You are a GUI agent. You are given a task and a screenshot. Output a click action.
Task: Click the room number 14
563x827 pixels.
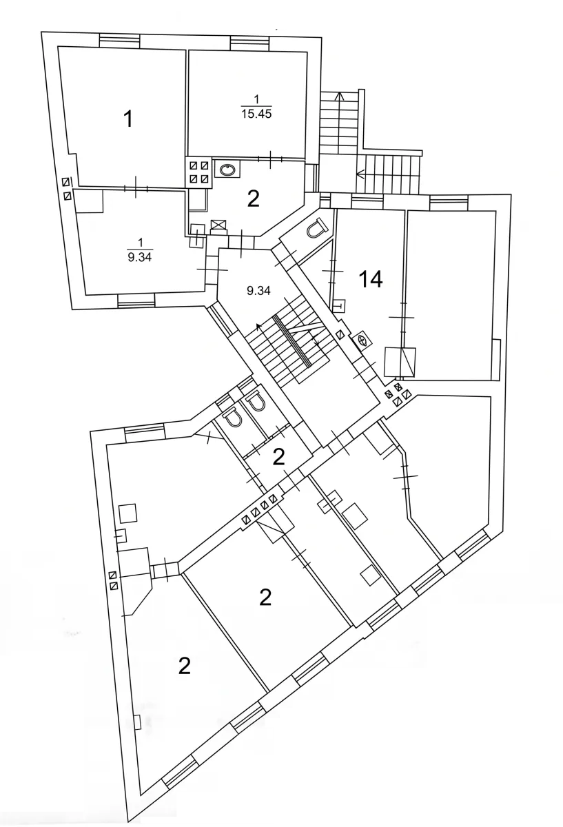tap(371, 279)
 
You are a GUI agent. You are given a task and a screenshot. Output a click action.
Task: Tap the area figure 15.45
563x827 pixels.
tap(256, 114)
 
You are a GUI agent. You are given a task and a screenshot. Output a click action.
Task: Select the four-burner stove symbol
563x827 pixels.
tap(199, 172)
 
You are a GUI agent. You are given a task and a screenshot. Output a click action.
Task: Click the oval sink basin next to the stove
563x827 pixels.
tap(227, 170)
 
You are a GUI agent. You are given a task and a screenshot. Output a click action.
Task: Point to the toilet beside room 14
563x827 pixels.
tap(317, 227)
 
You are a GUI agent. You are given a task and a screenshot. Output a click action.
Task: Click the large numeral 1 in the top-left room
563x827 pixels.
tap(127, 119)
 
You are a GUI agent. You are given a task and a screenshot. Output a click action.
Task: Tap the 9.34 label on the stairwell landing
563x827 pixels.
tap(258, 291)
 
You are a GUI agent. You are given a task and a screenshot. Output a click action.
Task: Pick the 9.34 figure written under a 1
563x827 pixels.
tap(140, 257)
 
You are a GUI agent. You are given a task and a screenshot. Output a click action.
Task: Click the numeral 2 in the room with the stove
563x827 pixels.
tap(254, 199)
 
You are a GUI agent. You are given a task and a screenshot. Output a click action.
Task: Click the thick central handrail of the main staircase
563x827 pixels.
tap(293, 340)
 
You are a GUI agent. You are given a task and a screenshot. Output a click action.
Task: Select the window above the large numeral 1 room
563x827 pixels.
tap(120, 40)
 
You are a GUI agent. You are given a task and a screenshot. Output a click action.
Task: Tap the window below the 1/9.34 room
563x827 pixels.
tap(136, 300)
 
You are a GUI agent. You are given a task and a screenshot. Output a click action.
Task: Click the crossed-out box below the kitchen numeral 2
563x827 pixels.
tap(218, 225)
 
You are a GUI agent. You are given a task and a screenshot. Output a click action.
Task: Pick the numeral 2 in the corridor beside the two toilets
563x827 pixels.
tap(278, 457)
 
